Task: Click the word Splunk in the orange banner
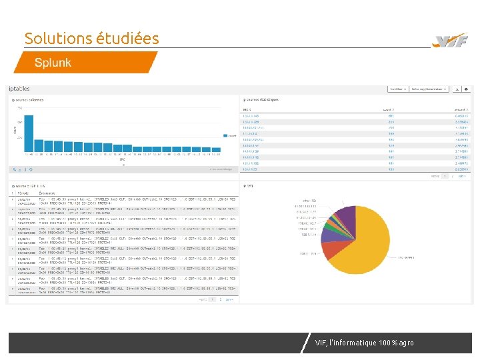click(x=53, y=63)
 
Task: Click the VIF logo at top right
click(x=450, y=41)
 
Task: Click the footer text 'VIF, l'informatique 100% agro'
click(x=364, y=343)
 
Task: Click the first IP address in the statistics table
click(x=252, y=115)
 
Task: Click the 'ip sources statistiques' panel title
click(x=261, y=99)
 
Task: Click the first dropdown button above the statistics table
click(x=398, y=89)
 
